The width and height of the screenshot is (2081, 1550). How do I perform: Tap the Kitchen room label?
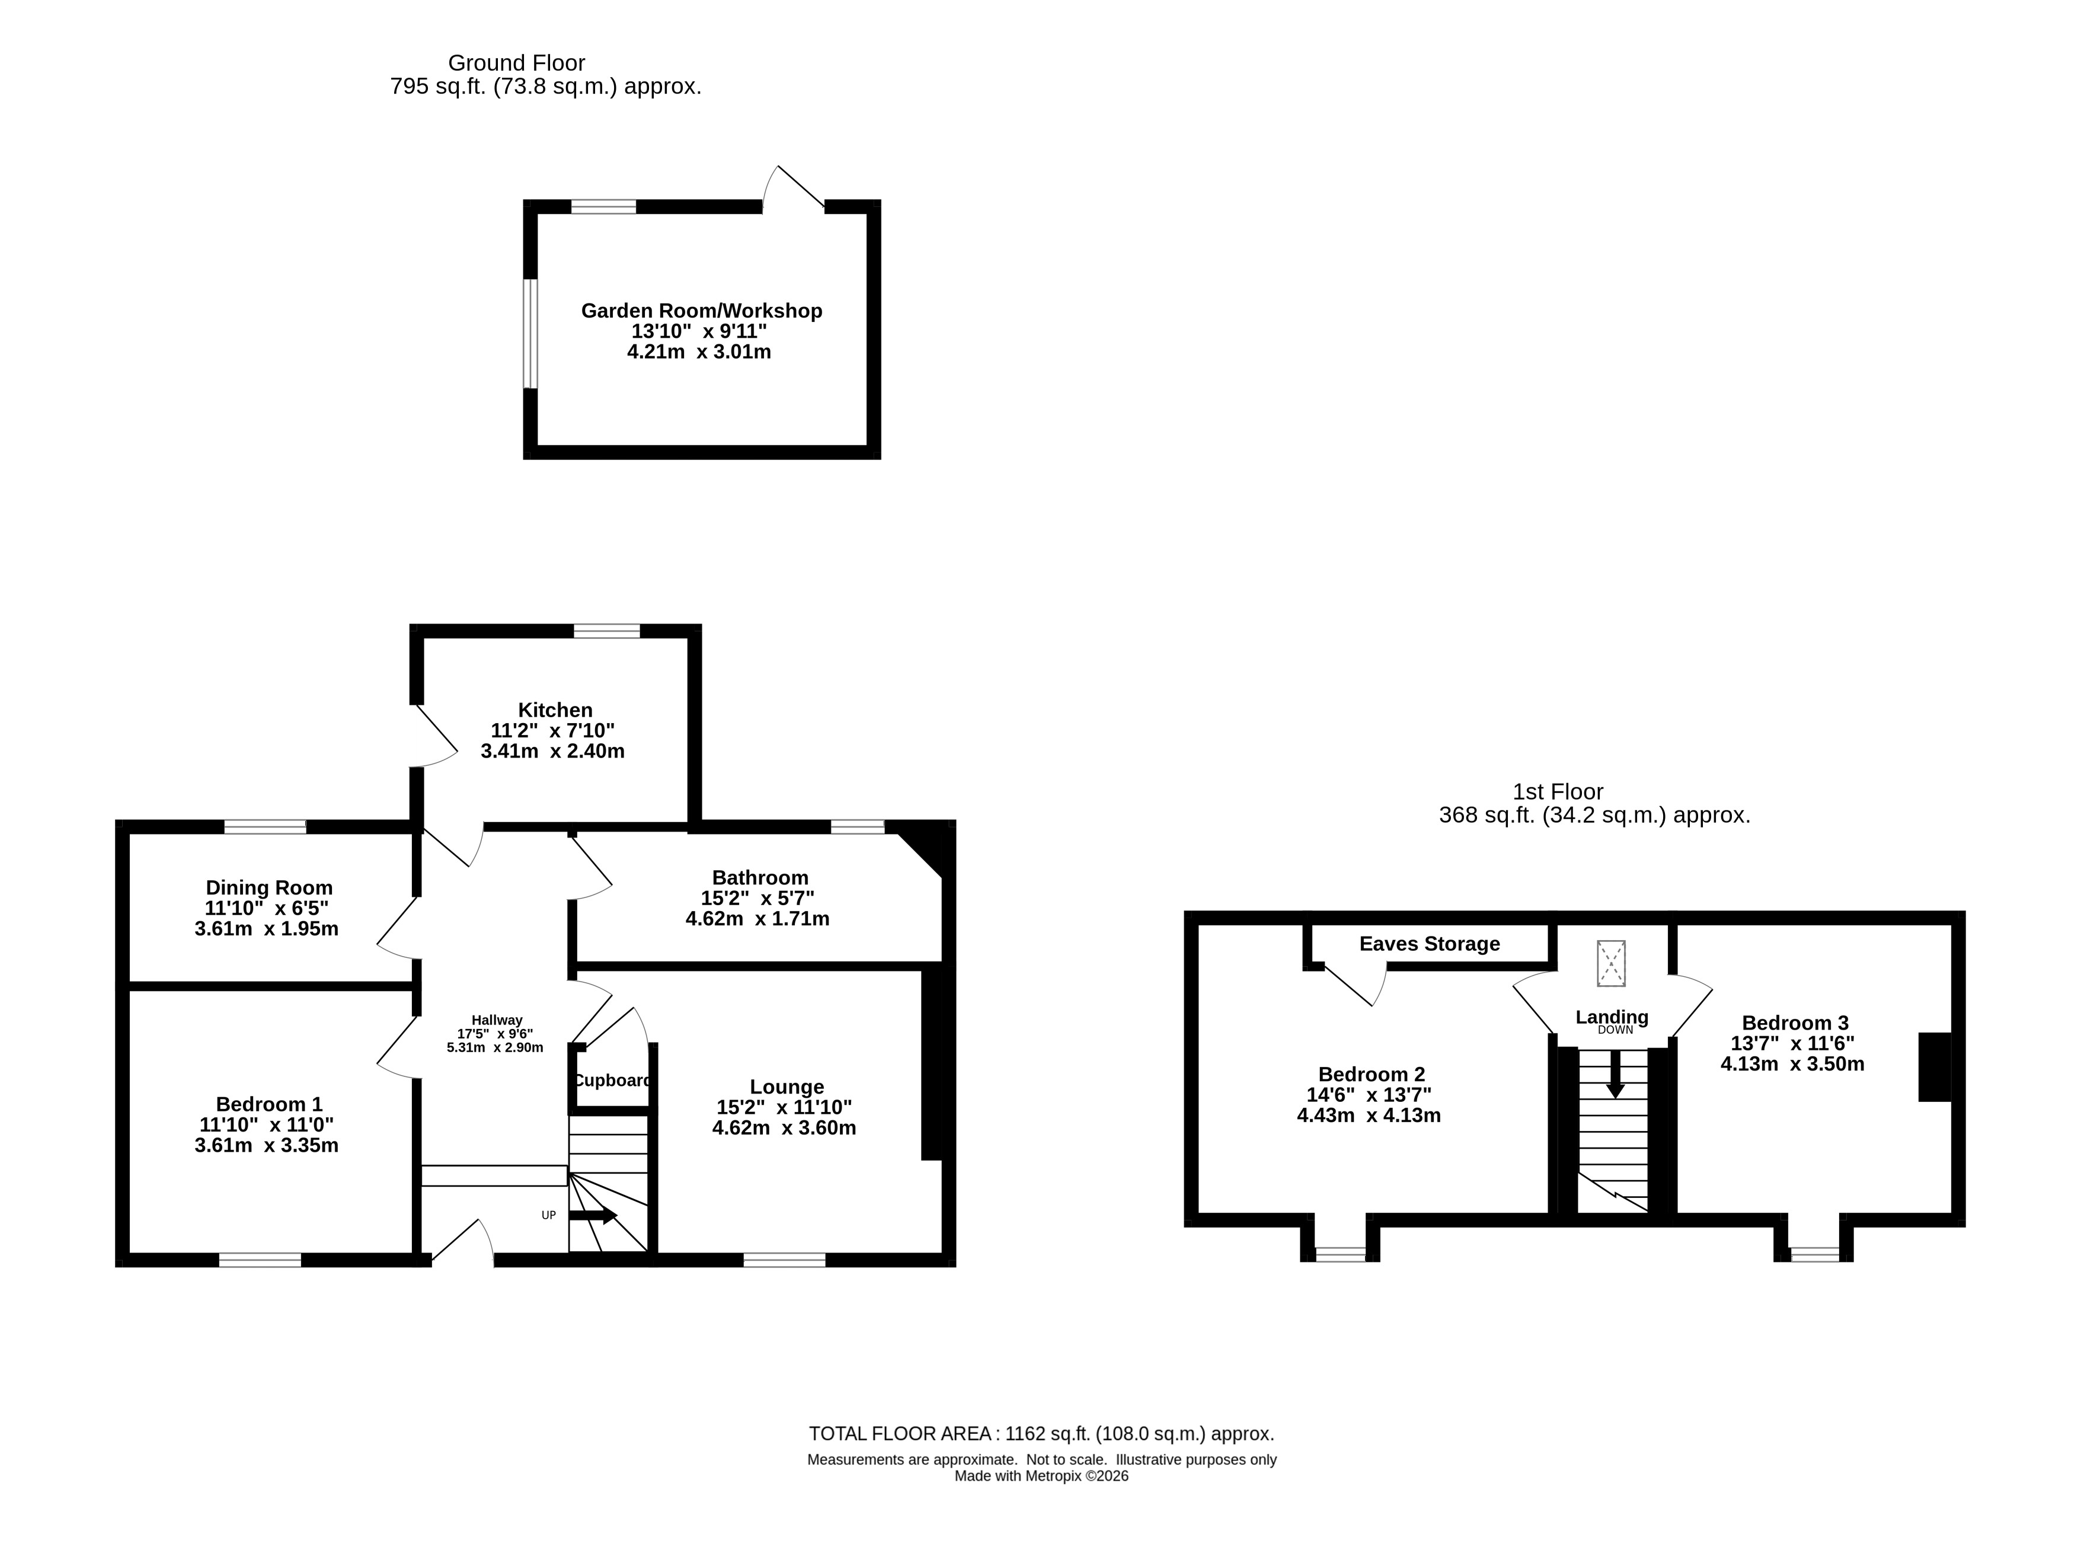click(x=555, y=710)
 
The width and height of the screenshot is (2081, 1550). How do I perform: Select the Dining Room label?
click(x=269, y=887)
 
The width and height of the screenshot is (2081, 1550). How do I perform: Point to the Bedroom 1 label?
click(x=269, y=1104)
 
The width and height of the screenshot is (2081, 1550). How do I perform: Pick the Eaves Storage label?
click(x=1430, y=944)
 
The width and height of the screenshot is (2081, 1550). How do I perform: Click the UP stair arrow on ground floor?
click(x=593, y=1216)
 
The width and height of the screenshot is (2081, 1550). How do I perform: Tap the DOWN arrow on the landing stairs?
click(x=1615, y=1073)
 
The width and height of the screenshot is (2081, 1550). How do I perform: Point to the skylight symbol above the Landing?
click(x=1611, y=964)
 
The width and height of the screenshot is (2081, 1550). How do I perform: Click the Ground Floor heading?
click(x=517, y=63)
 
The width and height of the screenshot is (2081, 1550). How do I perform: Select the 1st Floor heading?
click(x=1558, y=792)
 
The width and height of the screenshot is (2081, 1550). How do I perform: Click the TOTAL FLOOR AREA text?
click(x=1041, y=1434)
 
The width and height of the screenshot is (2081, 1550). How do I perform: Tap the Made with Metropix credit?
click(x=1041, y=1476)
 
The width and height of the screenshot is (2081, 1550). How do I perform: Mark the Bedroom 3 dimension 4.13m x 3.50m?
click(x=1792, y=1064)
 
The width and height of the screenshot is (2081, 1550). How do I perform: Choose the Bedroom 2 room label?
click(x=1372, y=1074)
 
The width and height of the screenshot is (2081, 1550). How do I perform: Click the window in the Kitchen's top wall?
click(x=606, y=631)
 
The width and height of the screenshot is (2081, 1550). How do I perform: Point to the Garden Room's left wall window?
click(x=531, y=333)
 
